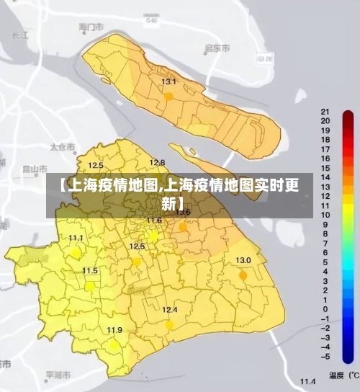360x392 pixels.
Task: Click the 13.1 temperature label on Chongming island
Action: click(168, 82)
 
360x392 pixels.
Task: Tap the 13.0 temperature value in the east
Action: click(243, 260)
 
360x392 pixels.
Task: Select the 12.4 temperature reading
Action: click(169, 310)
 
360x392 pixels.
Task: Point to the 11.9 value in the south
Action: click(114, 330)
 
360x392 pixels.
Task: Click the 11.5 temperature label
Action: click(90, 271)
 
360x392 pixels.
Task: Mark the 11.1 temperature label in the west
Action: click(76, 238)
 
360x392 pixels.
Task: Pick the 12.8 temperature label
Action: click(157, 162)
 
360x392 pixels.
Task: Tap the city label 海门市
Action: click(91, 27)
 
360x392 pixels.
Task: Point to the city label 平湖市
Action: click(58, 375)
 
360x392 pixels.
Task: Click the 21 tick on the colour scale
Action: click(325, 112)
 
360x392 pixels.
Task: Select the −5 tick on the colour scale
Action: click(325, 356)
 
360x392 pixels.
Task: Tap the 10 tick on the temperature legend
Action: click(325, 215)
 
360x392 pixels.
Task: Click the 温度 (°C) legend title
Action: click(343, 375)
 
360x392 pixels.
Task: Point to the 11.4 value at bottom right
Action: click(308, 380)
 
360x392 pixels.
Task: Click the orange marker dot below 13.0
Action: click(243, 275)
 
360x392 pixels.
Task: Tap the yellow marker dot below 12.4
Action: click(169, 325)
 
